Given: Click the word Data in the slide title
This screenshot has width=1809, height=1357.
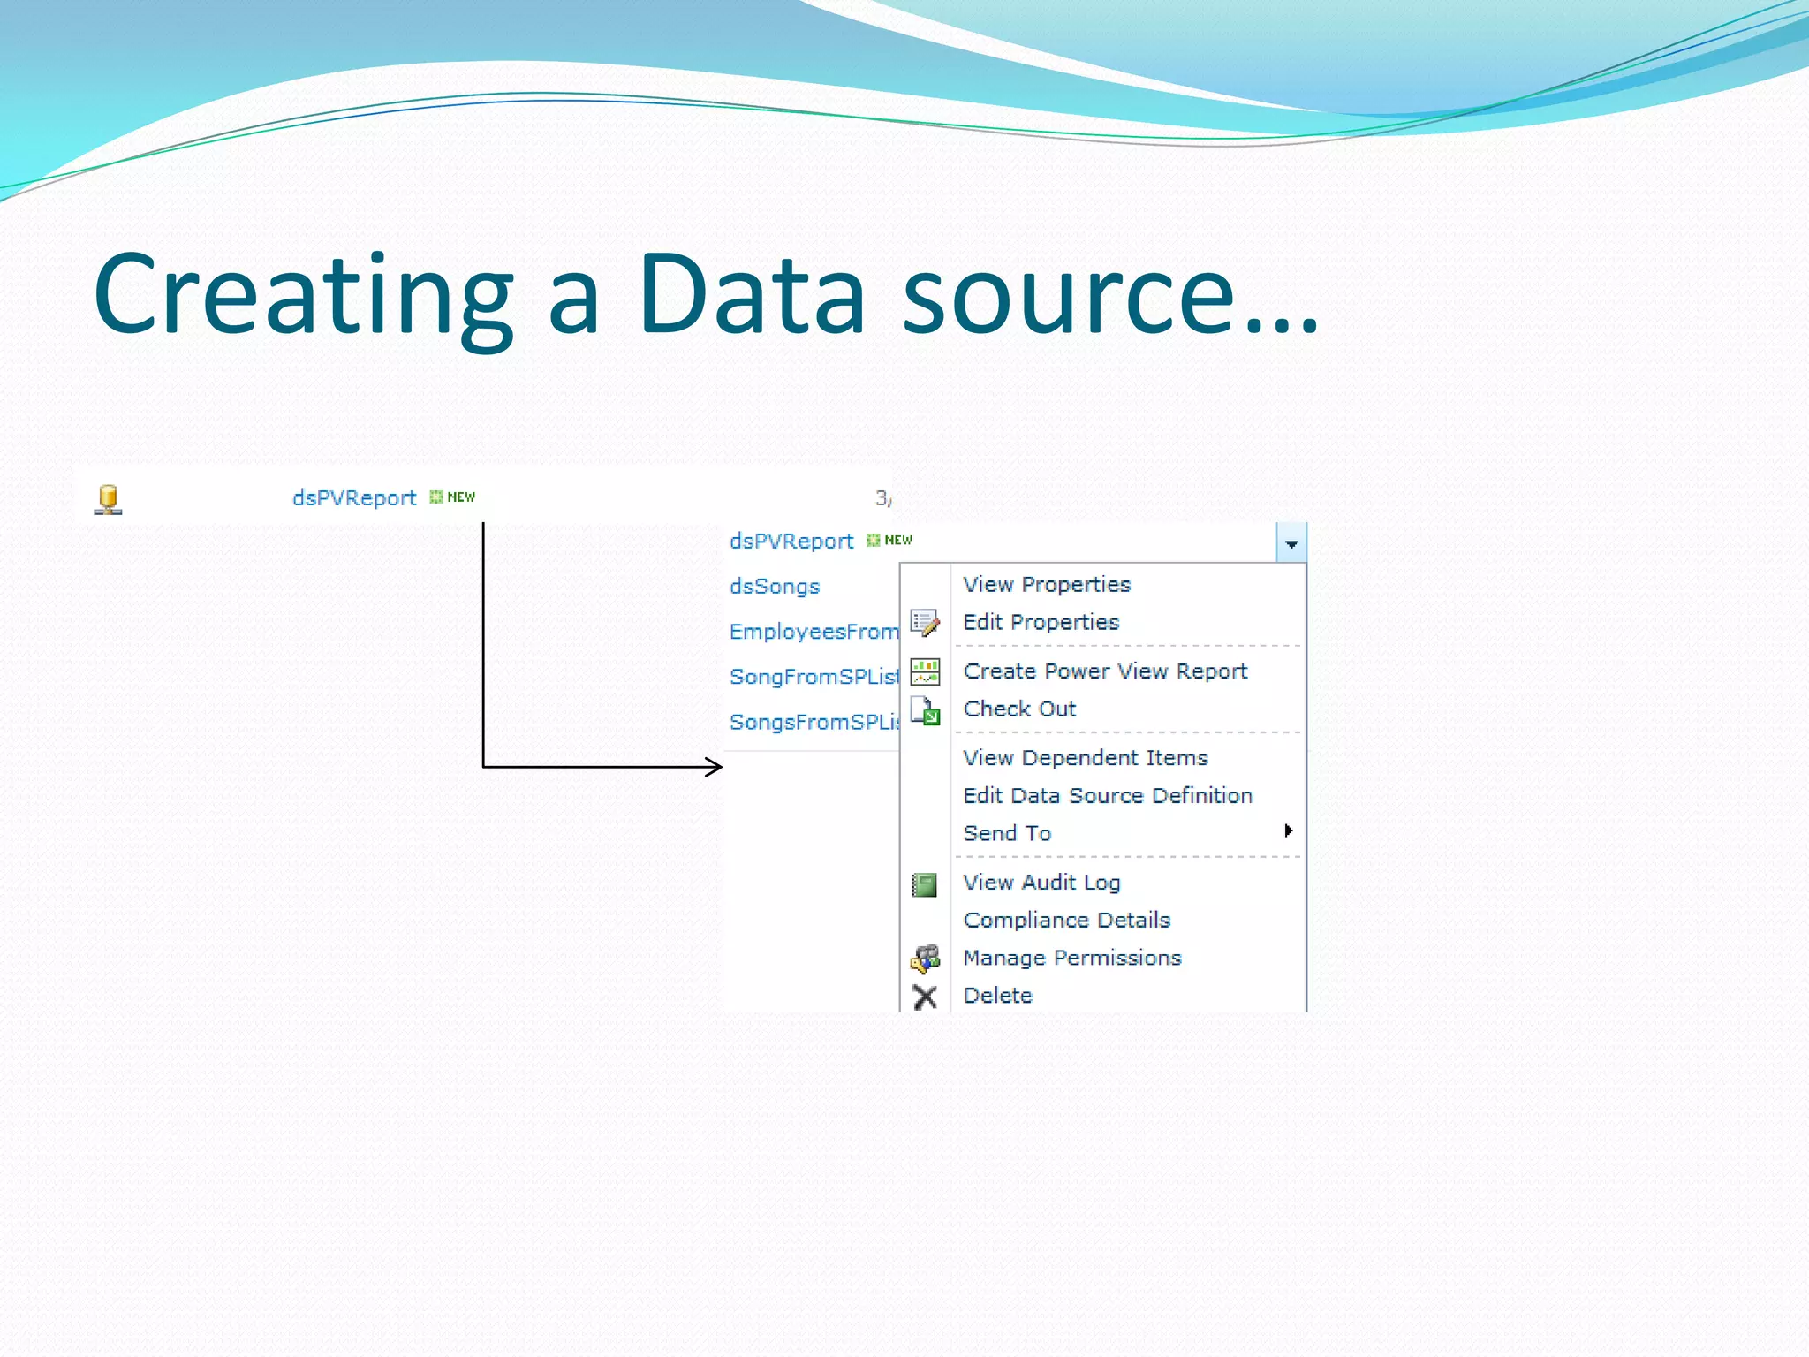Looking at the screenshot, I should tap(751, 296).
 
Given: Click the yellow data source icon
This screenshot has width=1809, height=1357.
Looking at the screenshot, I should tap(108, 499).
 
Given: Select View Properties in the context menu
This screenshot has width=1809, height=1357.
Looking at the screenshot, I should tap(1046, 585).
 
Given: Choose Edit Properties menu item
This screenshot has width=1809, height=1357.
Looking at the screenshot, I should tap(1041, 623).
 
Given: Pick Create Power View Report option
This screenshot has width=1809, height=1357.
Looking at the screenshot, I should tap(1104, 671).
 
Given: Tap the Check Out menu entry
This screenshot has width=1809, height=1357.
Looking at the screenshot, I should tap(1019, 709).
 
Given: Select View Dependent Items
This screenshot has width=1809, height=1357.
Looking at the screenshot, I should tap(1085, 758).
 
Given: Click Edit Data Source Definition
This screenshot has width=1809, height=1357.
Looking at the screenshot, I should tap(1107, 796).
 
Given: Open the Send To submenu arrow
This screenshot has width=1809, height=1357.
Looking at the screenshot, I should tap(1288, 830).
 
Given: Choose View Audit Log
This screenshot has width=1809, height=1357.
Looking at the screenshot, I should tap(1041, 883).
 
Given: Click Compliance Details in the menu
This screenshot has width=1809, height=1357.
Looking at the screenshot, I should tap(1066, 921).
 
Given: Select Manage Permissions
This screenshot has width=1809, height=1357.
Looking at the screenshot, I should tap(1071, 959).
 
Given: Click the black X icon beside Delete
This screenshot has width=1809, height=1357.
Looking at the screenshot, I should tap(925, 997).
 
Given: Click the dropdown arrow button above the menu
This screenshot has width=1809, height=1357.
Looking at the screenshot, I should tap(1291, 543).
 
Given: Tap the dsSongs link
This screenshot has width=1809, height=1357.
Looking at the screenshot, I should tap(774, 587).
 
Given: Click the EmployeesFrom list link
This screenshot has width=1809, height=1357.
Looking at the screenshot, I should tap(813, 632).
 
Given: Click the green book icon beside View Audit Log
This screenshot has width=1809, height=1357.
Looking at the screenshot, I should tap(924, 884).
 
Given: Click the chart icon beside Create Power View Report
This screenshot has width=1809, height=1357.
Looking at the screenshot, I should tap(925, 672).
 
